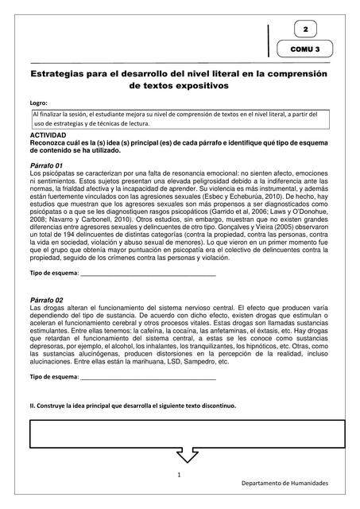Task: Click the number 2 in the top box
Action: click(x=305, y=30)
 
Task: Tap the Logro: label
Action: click(x=38, y=103)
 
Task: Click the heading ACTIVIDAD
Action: click(x=47, y=136)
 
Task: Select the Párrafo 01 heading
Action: click(x=45, y=165)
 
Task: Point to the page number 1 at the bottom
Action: click(x=180, y=475)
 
